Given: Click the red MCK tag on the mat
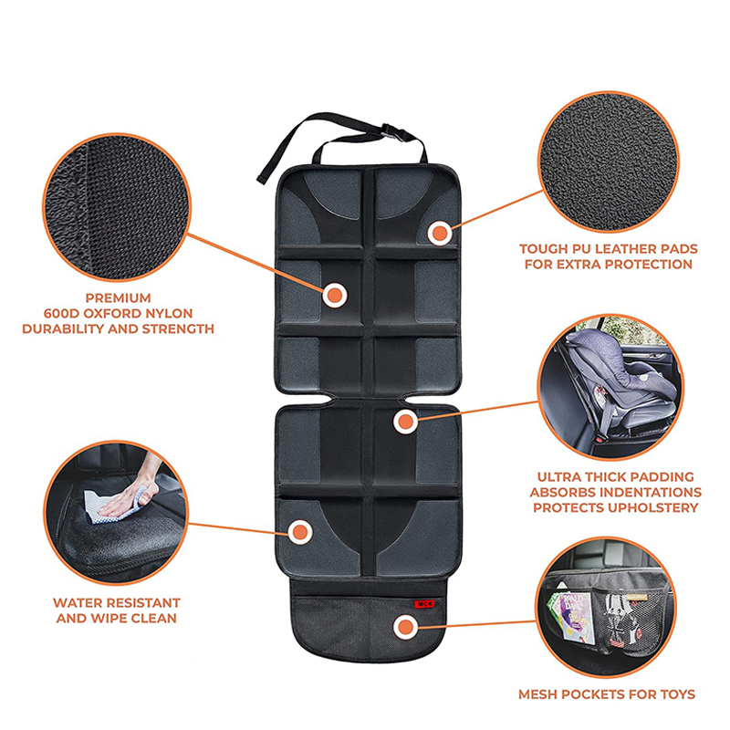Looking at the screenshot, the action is point(424,604).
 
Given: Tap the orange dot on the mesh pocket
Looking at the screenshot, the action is point(405,627).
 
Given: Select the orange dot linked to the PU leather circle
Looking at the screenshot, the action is point(440,234).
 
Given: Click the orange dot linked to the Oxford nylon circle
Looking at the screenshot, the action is point(335,295).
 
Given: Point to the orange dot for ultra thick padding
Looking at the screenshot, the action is point(405,422).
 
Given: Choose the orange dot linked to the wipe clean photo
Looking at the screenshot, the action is point(300,532).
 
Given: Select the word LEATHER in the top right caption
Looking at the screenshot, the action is point(628,249).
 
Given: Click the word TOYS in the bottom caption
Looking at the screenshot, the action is point(677,694).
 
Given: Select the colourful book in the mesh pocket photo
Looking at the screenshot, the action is point(573,617).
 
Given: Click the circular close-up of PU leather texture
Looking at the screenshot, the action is point(608,162).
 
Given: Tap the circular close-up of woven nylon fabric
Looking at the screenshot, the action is point(117,207).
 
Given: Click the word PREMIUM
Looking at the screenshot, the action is point(119,298).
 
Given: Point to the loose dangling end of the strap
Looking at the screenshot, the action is point(262,178).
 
